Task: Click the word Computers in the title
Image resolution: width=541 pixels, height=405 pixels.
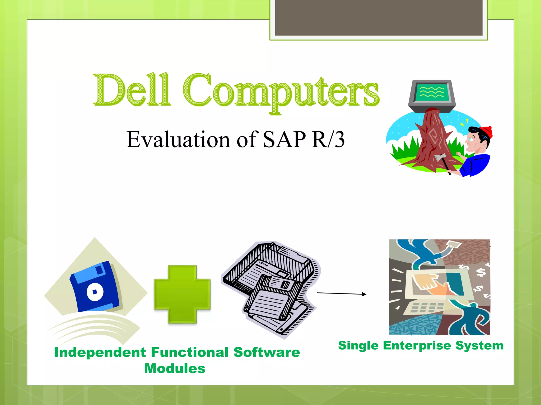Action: click(x=281, y=92)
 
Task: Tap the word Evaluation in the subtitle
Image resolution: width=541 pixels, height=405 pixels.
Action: click(x=178, y=140)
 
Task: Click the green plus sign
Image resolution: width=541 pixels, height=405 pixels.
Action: click(x=182, y=294)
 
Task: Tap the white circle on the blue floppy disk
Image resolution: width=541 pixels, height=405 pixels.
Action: click(x=95, y=292)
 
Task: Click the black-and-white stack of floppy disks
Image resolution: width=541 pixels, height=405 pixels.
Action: click(x=271, y=289)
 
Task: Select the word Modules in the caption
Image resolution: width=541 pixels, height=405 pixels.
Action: click(x=175, y=369)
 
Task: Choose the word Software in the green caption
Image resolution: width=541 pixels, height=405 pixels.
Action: click(x=267, y=353)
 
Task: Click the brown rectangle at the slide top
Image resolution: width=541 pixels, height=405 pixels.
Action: click(x=379, y=17)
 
